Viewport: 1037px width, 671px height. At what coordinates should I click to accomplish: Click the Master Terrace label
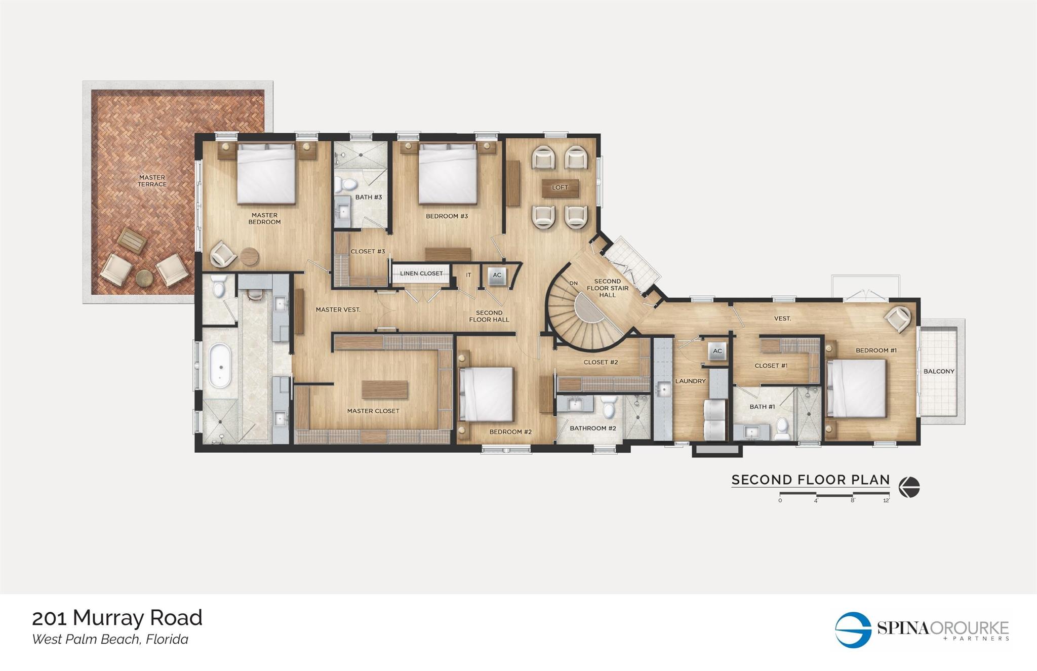[152, 181]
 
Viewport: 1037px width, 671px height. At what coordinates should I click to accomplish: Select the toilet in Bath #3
[348, 184]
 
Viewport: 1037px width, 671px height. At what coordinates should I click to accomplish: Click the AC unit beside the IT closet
[497, 275]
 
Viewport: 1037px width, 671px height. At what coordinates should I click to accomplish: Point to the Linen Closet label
[421, 273]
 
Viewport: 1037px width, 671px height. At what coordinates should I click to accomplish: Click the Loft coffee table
[560, 188]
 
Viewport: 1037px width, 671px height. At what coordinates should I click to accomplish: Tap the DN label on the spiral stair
[573, 283]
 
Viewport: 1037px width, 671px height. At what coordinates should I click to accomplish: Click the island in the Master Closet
[385, 389]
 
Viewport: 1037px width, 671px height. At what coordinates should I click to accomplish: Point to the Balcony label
[939, 371]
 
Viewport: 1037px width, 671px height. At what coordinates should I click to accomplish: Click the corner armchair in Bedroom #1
[898, 319]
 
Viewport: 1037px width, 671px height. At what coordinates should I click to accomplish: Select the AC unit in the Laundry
[717, 351]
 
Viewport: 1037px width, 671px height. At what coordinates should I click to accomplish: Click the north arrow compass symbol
[909, 488]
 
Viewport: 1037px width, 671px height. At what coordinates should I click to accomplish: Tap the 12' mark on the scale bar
[886, 500]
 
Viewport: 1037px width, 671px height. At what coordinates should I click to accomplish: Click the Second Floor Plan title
[810, 480]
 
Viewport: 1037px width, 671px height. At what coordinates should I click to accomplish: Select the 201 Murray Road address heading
[117, 618]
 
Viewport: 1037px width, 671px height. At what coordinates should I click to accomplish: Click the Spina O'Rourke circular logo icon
[854, 629]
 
